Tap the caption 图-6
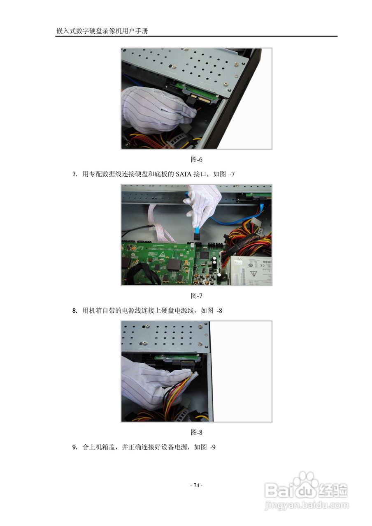click(x=196, y=159)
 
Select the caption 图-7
click(x=196, y=295)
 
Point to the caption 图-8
click(x=196, y=432)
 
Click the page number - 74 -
click(x=196, y=485)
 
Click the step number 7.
click(x=75, y=174)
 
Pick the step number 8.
click(x=75, y=311)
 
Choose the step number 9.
click(x=75, y=447)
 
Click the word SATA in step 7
click(x=184, y=174)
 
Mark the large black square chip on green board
click(x=174, y=263)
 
